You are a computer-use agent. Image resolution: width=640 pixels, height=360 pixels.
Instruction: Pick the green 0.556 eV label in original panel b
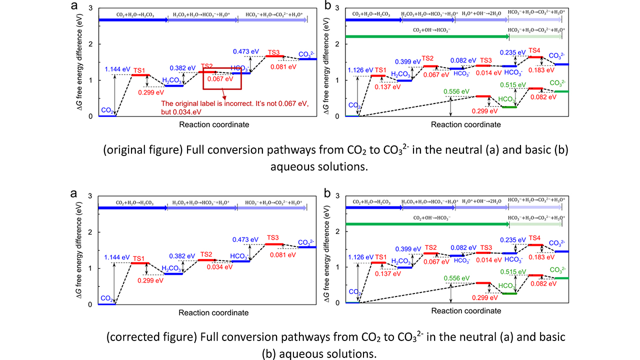tap(456, 91)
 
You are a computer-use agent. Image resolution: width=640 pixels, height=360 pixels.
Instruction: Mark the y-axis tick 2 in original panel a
tap(90, 44)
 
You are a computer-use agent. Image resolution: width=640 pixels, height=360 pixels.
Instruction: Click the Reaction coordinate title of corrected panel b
tap(466, 310)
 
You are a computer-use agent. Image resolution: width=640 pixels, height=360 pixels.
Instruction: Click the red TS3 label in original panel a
tap(273, 52)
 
